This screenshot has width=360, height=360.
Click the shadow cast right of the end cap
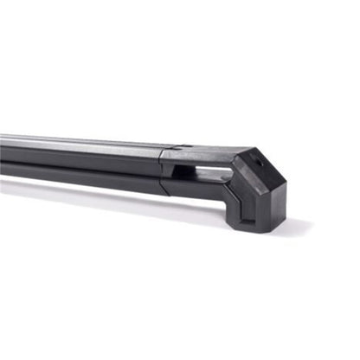tap(299, 227)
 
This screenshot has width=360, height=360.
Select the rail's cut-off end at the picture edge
tap(3, 151)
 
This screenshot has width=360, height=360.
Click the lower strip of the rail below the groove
tap(87, 170)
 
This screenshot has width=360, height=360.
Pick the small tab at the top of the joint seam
tap(177, 147)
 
